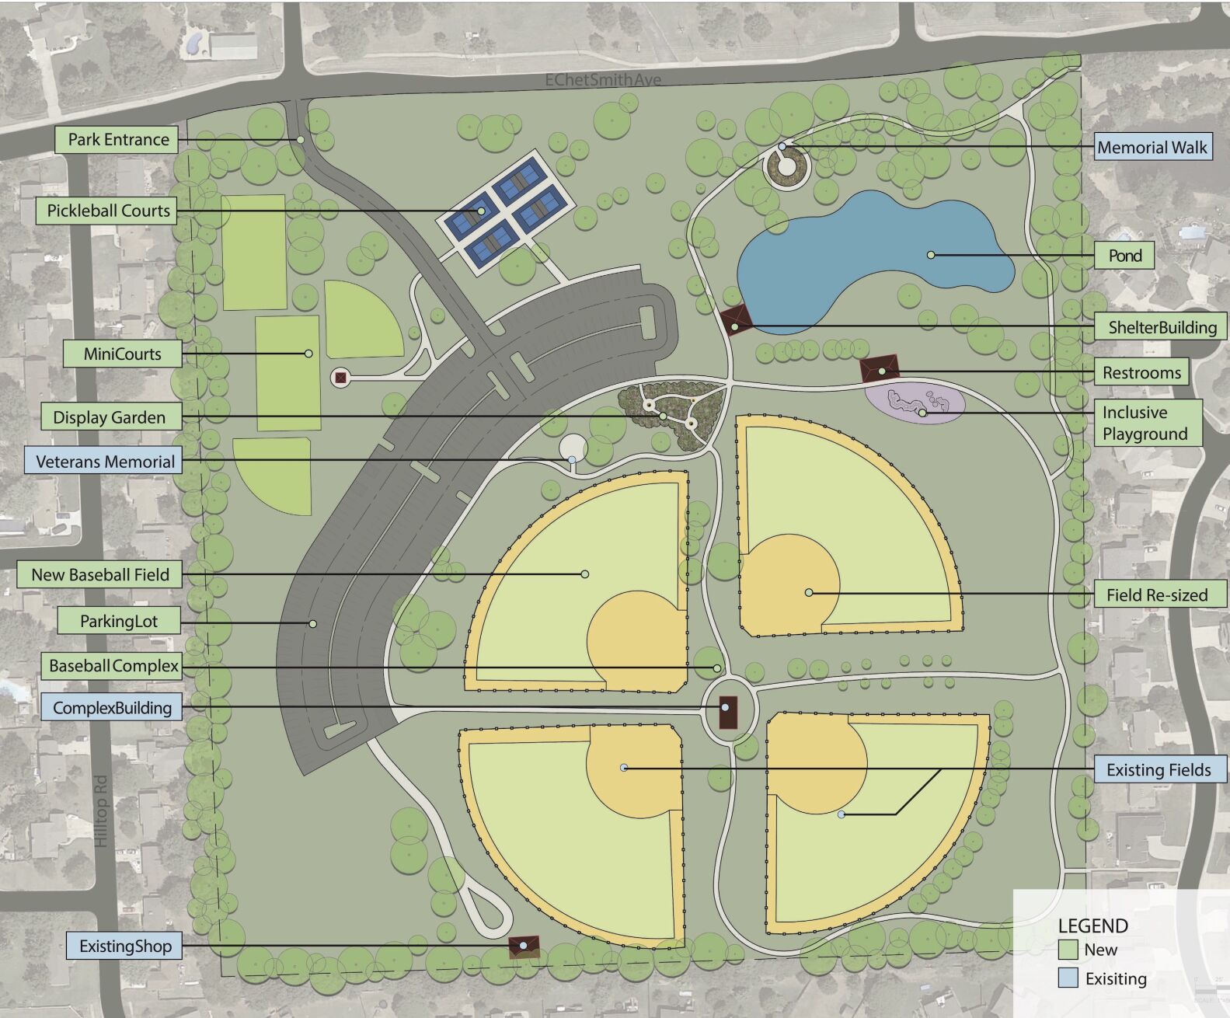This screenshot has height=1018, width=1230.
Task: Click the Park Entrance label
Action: pyautogui.click(x=117, y=140)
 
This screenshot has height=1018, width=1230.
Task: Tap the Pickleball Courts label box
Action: pyautogui.click(x=107, y=211)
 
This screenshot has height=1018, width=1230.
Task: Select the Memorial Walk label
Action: pyautogui.click(x=1152, y=148)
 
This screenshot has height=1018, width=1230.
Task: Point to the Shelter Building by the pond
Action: pyautogui.click(x=735, y=319)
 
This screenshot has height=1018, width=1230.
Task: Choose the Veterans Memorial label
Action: pyautogui.click(x=104, y=462)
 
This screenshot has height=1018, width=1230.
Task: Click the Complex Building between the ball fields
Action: pyautogui.click(x=727, y=712)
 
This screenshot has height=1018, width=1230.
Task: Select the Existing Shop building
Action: pyautogui.click(x=524, y=947)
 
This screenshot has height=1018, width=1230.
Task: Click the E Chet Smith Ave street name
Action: pyautogui.click(x=603, y=80)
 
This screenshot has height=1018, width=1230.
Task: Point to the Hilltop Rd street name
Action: pyautogui.click(x=101, y=811)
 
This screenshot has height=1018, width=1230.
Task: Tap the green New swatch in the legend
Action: pyautogui.click(x=1068, y=950)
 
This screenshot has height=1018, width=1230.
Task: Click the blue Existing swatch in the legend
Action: pyautogui.click(x=1068, y=978)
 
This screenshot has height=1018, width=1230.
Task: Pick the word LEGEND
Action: pyautogui.click(x=1092, y=926)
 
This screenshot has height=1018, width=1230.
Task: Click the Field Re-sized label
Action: pyautogui.click(x=1157, y=595)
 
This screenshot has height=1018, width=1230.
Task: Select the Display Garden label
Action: pyautogui.click(x=109, y=417)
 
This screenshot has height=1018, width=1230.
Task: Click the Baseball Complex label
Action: pyautogui.click(x=113, y=666)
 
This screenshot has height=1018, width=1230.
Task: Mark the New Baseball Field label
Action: pyautogui.click(x=99, y=575)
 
